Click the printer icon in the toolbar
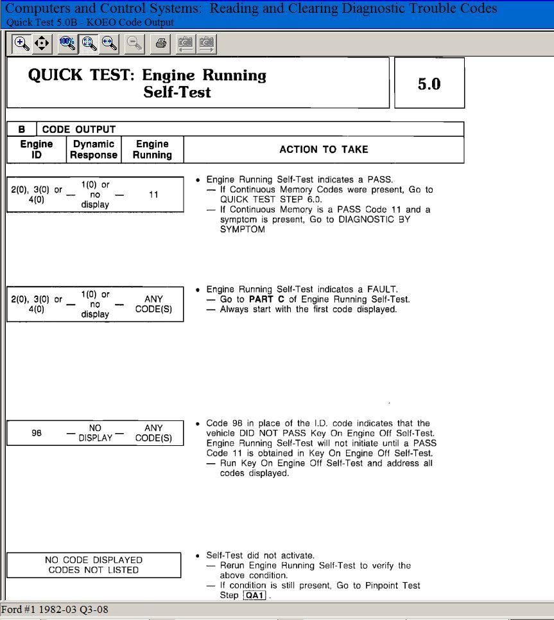pyautogui.click(x=161, y=44)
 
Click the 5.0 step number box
pyautogui.click(x=429, y=84)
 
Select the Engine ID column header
pyautogui.click(x=37, y=149)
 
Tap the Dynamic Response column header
pyautogui.click(x=94, y=149)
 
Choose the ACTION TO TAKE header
pyautogui.click(x=324, y=149)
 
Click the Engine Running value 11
pyautogui.click(x=153, y=194)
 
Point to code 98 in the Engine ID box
pyautogui.click(x=37, y=433)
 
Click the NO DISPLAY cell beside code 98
pyautogui.click(x=94, y=432)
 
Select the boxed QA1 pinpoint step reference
pyautogui.click(x=255, y=596)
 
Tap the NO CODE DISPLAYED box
pyautogui.click(x=94, y=565)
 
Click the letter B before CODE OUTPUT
pyautogui.click(x=22, y=129)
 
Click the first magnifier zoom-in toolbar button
pyautogui.click(x=22, y=44)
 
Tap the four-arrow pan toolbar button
pyautogui.click(x=42, y=44)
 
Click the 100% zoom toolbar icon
pyautogui.click(x=67, y=44)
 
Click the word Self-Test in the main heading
pyautogui.click(x=177, y=92)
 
